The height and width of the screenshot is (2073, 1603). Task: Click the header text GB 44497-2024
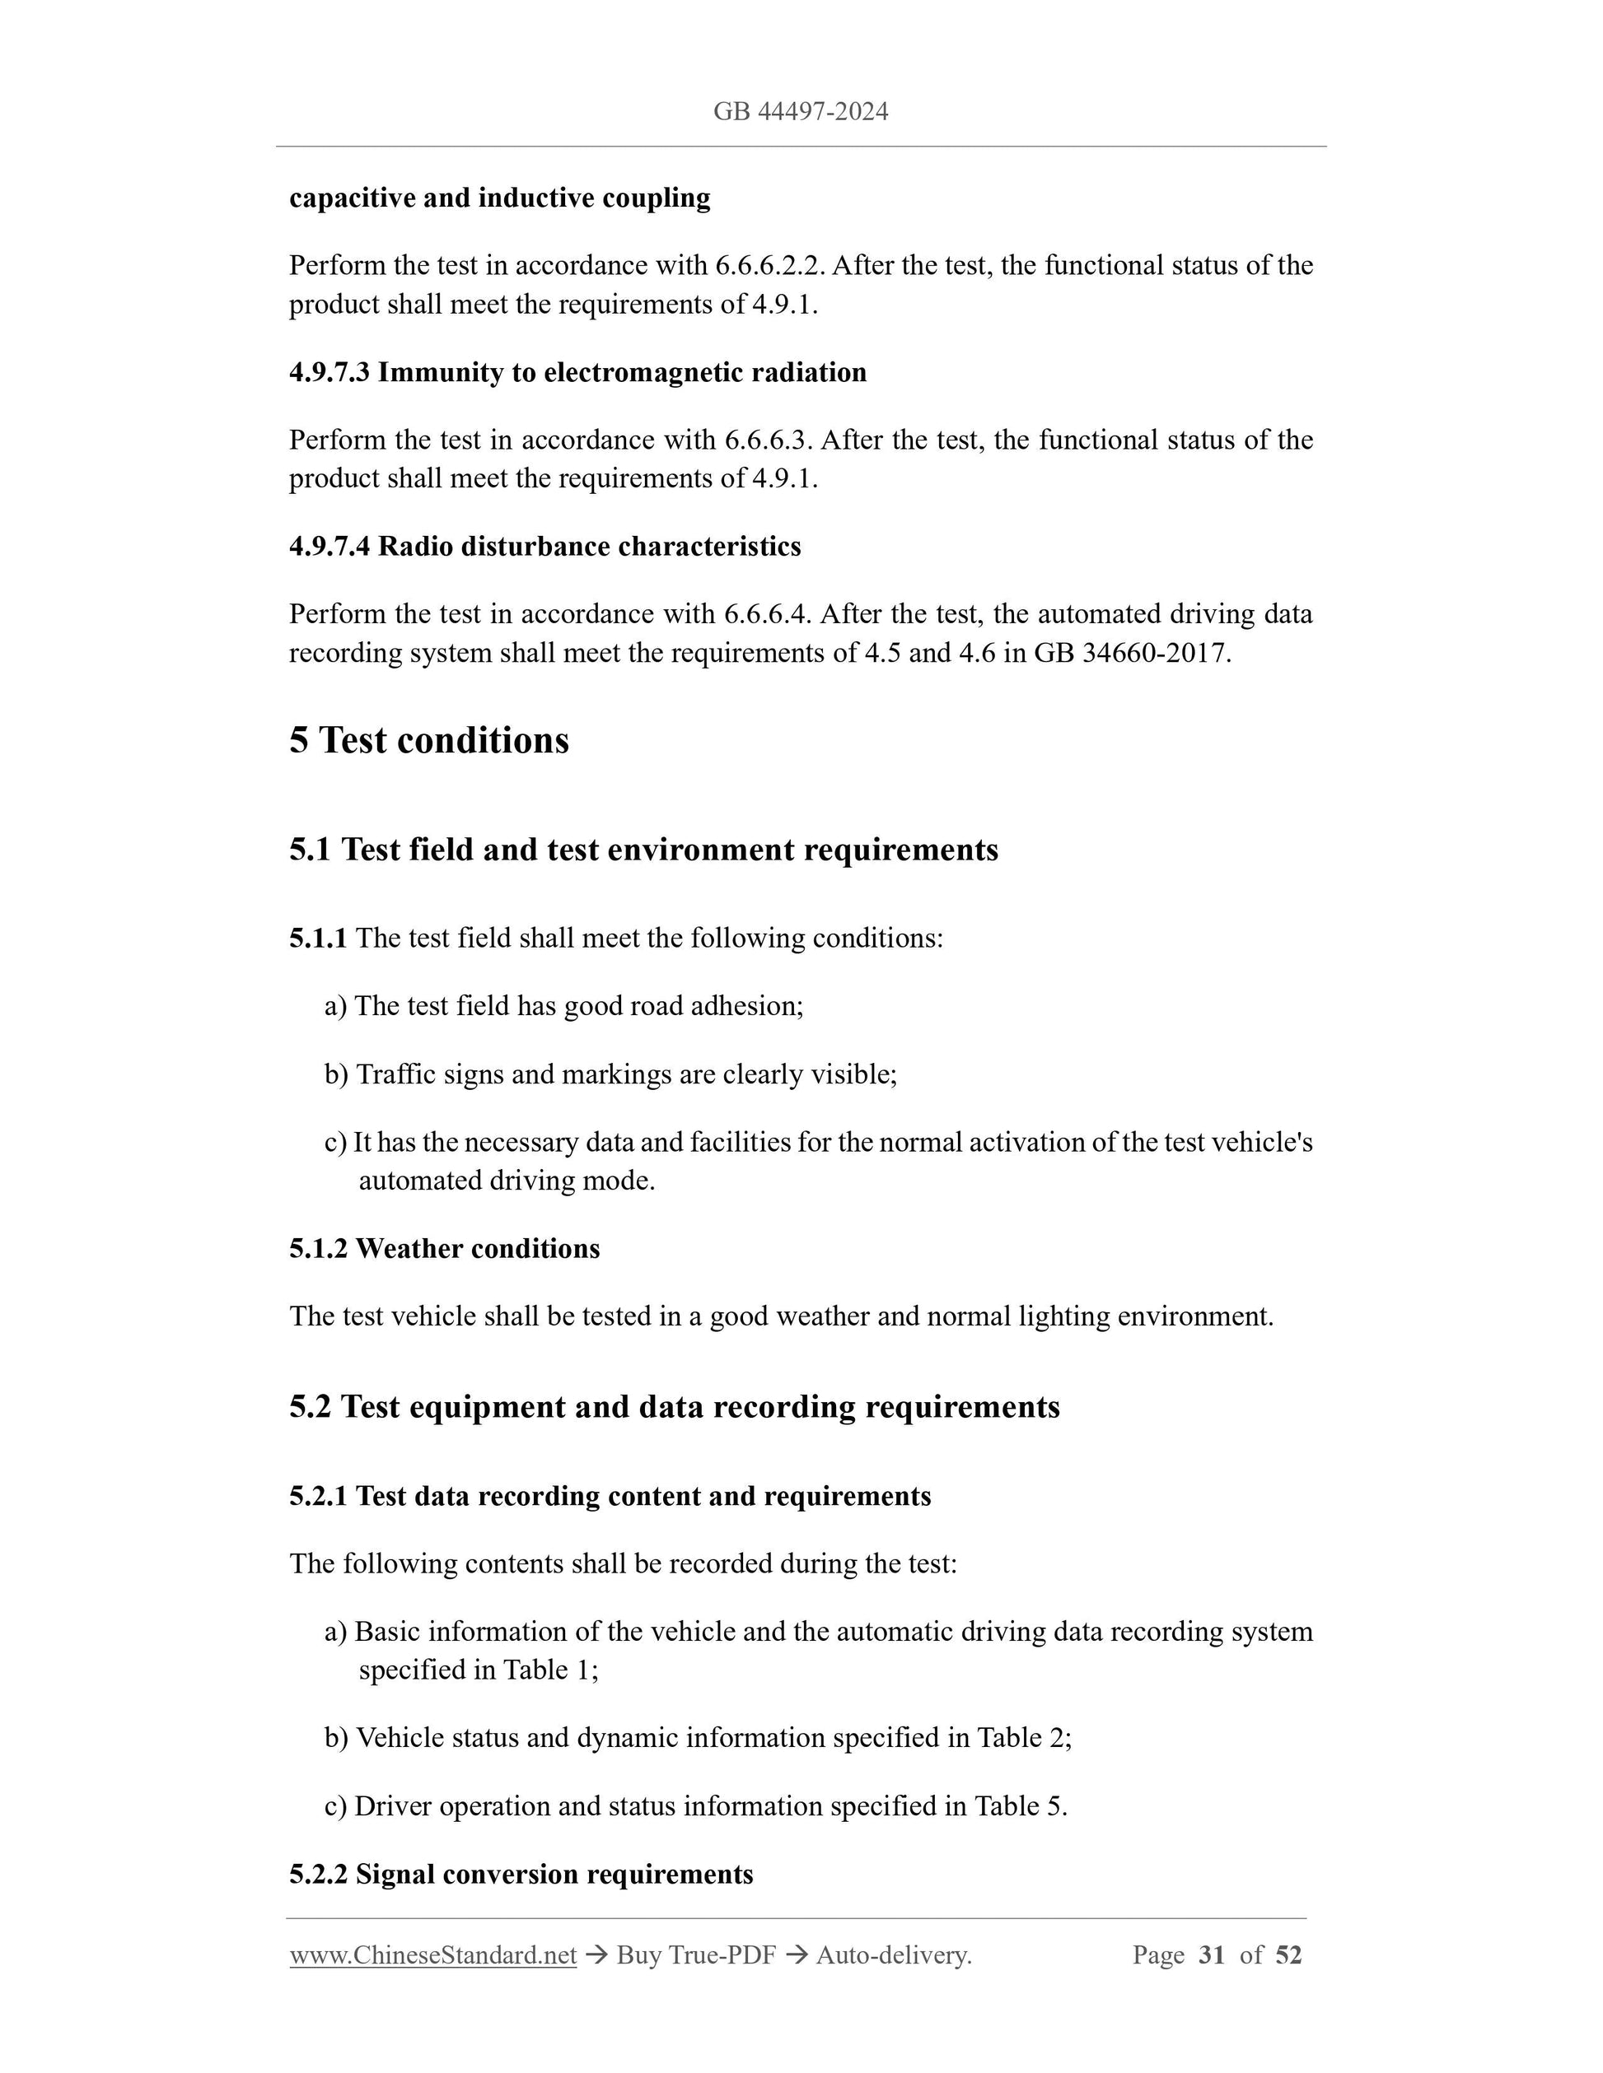click(x=801, y=112)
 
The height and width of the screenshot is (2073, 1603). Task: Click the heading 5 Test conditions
click(x=428, y=740)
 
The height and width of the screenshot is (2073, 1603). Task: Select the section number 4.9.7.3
click(x=329, y=372)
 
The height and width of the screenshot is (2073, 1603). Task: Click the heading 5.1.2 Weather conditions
click(x=445, y=1248)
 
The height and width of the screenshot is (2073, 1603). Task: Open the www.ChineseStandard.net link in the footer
click(x=433, y=1954)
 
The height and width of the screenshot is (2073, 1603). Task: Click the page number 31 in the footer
click(x=1212, y=1954)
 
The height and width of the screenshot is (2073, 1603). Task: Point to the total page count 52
click(x=1288, y=1954)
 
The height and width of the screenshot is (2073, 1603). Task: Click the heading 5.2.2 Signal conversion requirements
click(x=521, y=1874)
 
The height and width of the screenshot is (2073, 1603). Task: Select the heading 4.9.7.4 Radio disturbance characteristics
click(x=545, y=546)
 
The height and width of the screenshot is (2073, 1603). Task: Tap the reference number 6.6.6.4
click(x=766, y=614)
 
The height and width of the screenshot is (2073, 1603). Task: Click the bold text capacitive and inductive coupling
click(x=499, y=198)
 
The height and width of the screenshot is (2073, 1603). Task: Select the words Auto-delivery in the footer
click(x=892, y=1954)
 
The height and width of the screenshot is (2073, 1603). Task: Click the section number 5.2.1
click(x=318, y=1496)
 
